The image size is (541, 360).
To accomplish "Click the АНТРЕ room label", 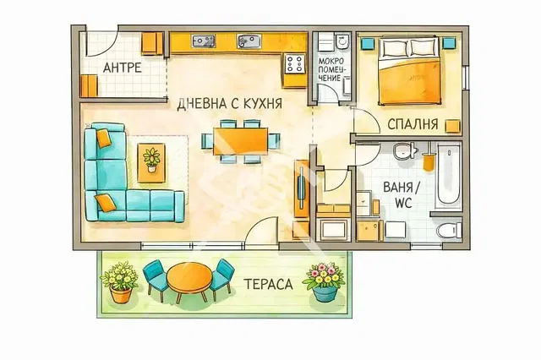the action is pyautogui.click(x=122, y=68).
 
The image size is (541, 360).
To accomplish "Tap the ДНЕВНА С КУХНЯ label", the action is pyautogui.click(x=229, y=103).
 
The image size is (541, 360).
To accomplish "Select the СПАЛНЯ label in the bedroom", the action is pyautogui.click(x=413, y=123).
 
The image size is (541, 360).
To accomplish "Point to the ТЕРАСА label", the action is pyautogui.click(x=268, y=284).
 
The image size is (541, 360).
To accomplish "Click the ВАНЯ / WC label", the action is pyautogui.click(x=402, y=195).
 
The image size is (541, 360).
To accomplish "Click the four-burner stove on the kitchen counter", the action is pyautogui.click(x=295, y=63).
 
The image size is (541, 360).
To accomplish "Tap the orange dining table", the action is pyautogui.click(x=240, y=141).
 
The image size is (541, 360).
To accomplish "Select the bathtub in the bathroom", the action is pyautogui.click(x=448, y=177).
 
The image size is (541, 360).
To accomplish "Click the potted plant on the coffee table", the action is pyautogui.click(x=151, y=160).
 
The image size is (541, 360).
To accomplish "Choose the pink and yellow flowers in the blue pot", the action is pyautogui.click(x=325, y=281).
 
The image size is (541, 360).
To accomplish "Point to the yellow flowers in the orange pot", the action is pyautogui.click(x=120, y=282).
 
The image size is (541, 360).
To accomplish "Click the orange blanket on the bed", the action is pyautogui.click(x=409, y=82).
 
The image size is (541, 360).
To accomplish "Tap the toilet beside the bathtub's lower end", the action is pyautogui.click(x=449, y=230).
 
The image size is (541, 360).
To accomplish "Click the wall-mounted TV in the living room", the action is pyautogui.click(x=301, y=188).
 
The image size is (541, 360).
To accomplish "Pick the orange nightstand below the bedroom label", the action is pyautogui.click(x=453, y=126).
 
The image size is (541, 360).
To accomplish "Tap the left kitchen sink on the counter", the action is pyautogui.click(x=204, y=41).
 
